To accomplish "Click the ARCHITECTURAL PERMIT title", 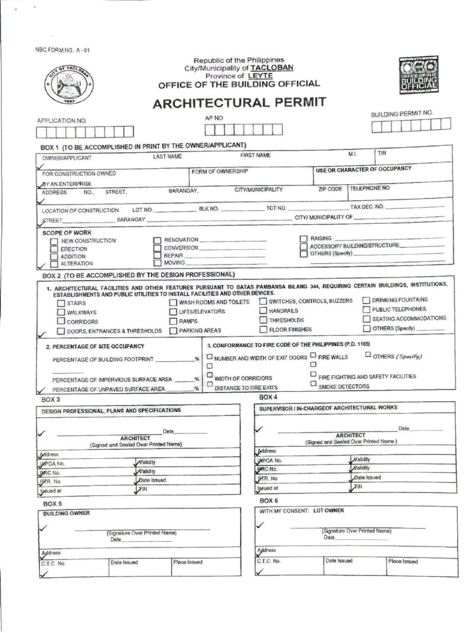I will tap(239, 102).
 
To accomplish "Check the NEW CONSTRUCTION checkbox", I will tap(54, 241).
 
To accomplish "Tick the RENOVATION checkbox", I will tap(157, 240).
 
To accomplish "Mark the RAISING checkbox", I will tap(303, 238).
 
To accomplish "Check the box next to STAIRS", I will tap(61, 304).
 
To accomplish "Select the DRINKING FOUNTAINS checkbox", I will tap(366, 300).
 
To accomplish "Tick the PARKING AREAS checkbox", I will tap(173, 331).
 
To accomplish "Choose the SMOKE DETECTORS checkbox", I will tap(314, 384).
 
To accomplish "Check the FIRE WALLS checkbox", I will tap(314, 355).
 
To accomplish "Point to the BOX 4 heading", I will tap(268, 396).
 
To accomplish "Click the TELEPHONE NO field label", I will tap(370, 187).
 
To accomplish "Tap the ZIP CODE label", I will tap(330, 189).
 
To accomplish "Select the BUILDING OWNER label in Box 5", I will tap(66, 513).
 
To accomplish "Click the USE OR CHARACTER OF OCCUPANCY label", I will tap(364, 169).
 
